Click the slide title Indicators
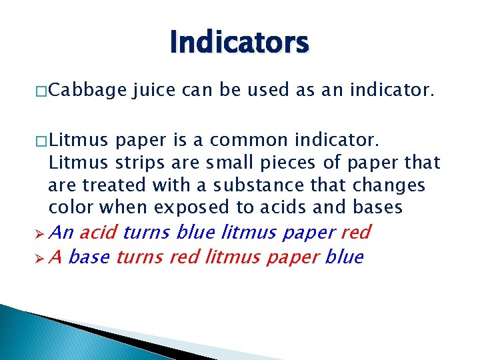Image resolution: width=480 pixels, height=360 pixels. pos(239,43)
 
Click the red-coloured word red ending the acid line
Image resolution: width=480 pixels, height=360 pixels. pos(355,232)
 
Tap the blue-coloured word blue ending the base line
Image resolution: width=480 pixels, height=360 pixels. pos(345,257)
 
